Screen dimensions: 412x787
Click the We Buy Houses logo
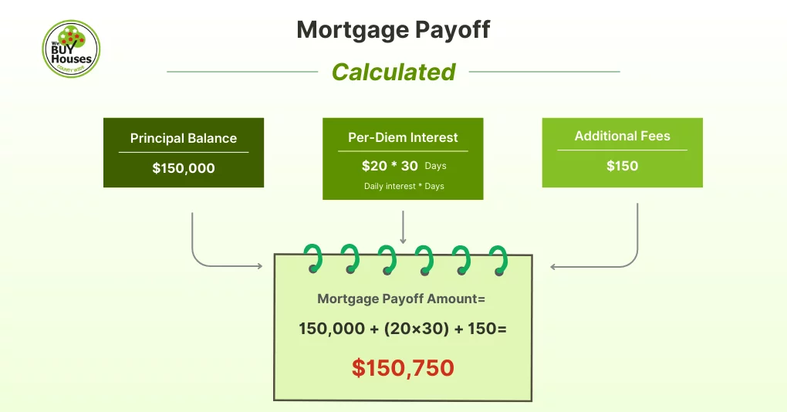coord(71,48)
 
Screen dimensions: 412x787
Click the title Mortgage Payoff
coord(393,30)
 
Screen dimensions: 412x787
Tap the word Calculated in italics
coord(393,72)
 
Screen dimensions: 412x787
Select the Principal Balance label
coord(184,139)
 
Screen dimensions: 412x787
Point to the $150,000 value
coord(184,168)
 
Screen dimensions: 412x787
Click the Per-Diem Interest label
coord(403,138)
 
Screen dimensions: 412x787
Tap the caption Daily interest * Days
coord(404,186)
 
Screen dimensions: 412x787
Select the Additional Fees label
coord(622,136)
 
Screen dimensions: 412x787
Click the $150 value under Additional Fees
coord(622,166)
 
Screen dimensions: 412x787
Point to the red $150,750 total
coord(403,368)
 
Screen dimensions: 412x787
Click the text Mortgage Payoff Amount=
coord(402,299)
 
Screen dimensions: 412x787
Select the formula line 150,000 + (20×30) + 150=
coord(402,329)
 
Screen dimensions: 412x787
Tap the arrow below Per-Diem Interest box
coord(403,228)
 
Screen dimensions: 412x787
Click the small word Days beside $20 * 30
coord(435,167)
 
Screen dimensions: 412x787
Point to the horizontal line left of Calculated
coord(242,72)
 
